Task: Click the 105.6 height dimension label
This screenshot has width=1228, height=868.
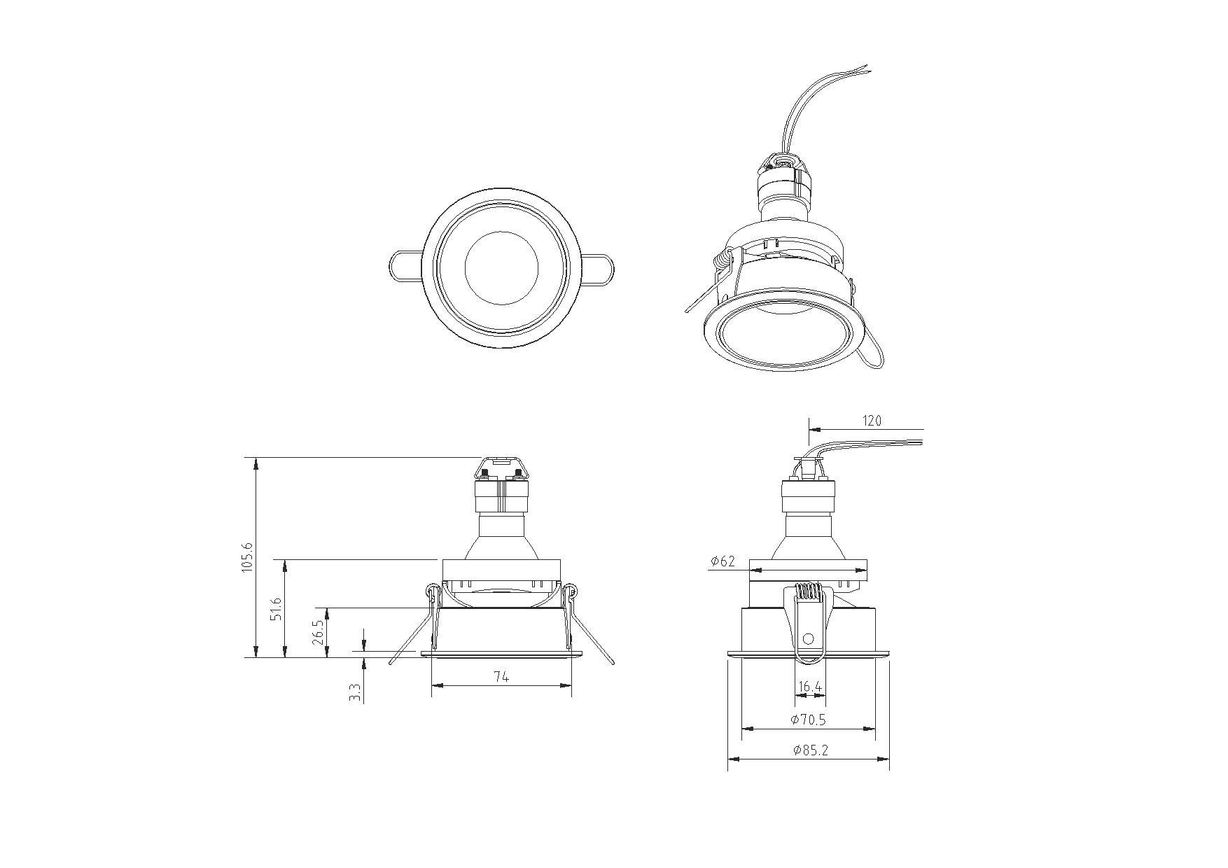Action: pos(247,557)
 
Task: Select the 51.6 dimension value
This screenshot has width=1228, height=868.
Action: pos(277,609)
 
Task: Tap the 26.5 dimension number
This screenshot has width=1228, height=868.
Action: pos(319,632)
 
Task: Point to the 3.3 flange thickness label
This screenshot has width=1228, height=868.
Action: pos(356,692)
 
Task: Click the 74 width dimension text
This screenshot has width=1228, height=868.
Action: pos(501,676)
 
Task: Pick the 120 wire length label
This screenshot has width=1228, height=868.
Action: pos(872,421)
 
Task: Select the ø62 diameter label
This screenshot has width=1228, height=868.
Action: pos(723,561)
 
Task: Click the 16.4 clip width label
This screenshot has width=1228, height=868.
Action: pos(810,687)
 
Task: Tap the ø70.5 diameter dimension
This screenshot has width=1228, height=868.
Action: pos(808,719)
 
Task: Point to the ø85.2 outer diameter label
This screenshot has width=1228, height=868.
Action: pos(811,750)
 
